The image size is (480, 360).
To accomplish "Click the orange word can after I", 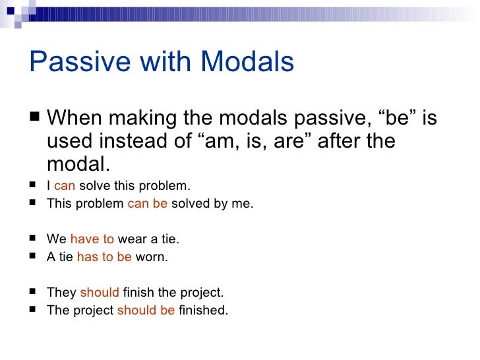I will tap(65, 186).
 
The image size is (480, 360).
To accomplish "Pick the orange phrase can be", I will tap(147, 204).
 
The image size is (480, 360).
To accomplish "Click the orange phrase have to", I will tap(92, 240).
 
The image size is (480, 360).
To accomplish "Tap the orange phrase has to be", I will tap(104, 258).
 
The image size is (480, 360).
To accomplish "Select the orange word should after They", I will tap(100, 293).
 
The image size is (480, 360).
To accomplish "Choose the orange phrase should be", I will tap(146, 311).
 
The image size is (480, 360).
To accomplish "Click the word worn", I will tap(152, 258).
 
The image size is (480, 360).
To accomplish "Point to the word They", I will tap(61, 293).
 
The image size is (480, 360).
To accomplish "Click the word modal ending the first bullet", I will tap(77, 164).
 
